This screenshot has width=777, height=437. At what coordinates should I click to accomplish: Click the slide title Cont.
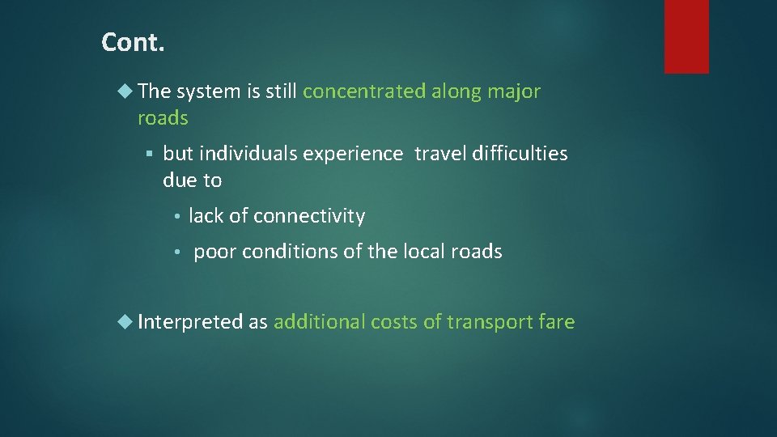(133, 42)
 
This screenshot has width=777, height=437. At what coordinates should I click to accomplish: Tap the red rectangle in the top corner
(686, 36)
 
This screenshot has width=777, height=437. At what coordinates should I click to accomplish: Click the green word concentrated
(363, 91)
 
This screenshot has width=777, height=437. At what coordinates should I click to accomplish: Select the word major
(514, 91)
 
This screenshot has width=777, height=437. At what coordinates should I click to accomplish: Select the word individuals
(248, 153)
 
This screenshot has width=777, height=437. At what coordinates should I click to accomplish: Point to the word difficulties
(521, 153)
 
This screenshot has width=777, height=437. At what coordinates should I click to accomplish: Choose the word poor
(214, 252)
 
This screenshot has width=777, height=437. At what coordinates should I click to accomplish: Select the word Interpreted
(190, 322)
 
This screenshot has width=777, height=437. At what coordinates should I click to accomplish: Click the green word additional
(320, 322)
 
